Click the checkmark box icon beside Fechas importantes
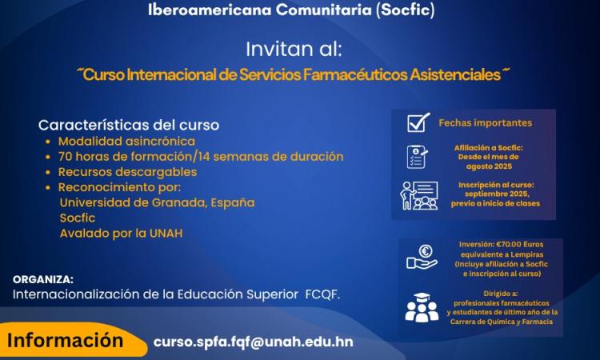click(x=418, y=122)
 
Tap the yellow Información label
click(x=65, y=340)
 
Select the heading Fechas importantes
click(x=485, y=123)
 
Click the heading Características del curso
click(x=129, y=126)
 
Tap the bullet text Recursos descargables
click(x=126, y=171)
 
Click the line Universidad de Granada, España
click(x=157, y=202)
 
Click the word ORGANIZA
click(x=43, y=279)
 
